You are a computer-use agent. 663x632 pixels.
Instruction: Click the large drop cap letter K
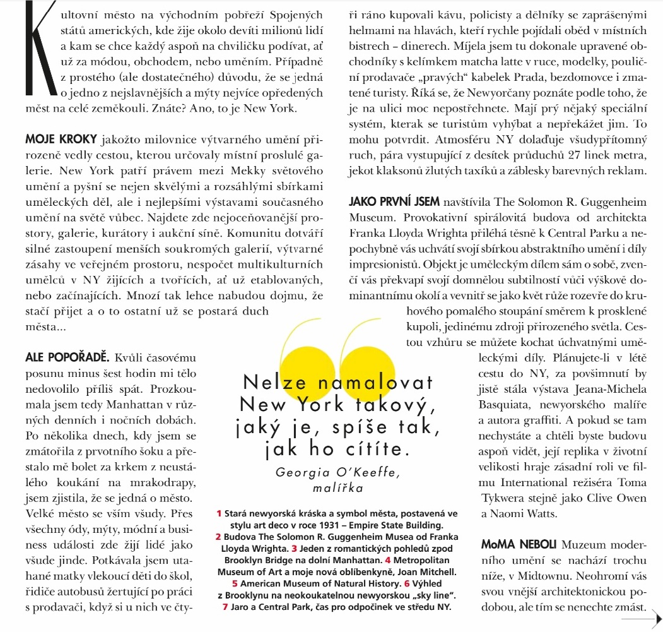(x=30, y=60)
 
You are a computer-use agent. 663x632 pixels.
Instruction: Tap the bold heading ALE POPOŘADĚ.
(x=67, y=358)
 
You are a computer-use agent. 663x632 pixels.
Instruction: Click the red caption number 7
(x=225, y=607)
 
